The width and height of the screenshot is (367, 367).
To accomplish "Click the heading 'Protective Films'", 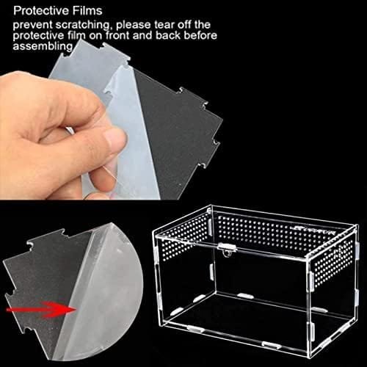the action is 58,11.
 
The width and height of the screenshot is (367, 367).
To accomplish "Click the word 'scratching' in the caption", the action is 82,25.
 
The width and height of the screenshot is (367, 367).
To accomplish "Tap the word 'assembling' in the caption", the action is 43,46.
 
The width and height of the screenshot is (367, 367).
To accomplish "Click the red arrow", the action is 41,310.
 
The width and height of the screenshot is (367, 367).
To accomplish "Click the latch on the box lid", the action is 228,249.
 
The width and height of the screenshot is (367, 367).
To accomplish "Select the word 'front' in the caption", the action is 118,35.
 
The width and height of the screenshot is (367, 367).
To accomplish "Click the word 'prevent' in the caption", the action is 33,25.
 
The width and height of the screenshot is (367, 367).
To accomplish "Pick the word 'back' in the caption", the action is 168,35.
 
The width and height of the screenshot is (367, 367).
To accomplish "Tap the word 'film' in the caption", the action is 75,35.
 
